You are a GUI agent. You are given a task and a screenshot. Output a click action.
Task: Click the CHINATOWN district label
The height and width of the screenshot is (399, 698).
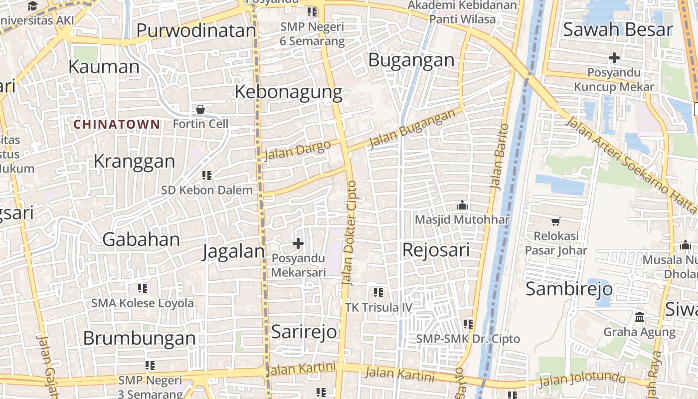pyautogui.click(x=117, y=124)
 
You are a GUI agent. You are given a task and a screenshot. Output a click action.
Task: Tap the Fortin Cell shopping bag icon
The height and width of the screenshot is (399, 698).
pyautogui.click(x=200, y=109)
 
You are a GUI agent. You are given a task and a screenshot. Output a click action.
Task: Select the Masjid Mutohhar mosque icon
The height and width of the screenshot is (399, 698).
pyautogui.click(x=462, y=205)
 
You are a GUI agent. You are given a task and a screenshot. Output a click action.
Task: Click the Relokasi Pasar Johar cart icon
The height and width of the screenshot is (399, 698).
pyautogui.click(x=555, y=221)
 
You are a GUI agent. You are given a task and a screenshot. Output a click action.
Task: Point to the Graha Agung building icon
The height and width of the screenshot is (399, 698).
pyautogui.click(x=640, y=317)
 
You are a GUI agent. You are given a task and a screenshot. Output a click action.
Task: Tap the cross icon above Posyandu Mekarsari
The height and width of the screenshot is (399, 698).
pyautogui.click(x=298, y=243)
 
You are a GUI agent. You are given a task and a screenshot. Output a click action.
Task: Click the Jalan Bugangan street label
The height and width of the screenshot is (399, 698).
pyautogui.click(x=412, y=129)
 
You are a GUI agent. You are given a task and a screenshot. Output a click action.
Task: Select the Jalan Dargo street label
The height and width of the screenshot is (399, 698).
pyautogui.click(x=297, y=150)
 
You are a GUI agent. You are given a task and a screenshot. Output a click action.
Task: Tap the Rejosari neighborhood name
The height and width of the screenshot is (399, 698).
pyautogui.click(x=436, y=250)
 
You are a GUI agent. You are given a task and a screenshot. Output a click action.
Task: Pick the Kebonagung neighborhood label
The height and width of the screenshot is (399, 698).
pyautogui.click(x=288, y=92)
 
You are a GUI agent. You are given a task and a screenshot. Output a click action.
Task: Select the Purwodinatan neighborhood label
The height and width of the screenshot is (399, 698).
pyautogui.click(x=196, y=31)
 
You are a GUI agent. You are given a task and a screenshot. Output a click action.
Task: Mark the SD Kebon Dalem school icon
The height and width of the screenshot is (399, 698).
pyautogui.click(x=207, y=175)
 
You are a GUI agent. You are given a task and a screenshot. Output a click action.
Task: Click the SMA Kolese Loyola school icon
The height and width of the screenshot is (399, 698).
pyautogui.click(x=143, y=288)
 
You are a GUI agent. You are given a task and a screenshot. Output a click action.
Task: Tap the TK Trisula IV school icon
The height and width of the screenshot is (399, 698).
pyautogui.click(x=378, y=292)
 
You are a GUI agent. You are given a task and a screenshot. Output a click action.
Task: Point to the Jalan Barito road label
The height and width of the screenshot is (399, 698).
pyautogui.click(x=499, y=156)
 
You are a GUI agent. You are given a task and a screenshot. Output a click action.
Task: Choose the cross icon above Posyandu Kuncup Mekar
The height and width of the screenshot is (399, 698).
pyautogui.click(x=614, y=58)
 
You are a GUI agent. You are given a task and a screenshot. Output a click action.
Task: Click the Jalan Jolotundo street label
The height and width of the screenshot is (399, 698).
pyautogui.click(x=582, y=380)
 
